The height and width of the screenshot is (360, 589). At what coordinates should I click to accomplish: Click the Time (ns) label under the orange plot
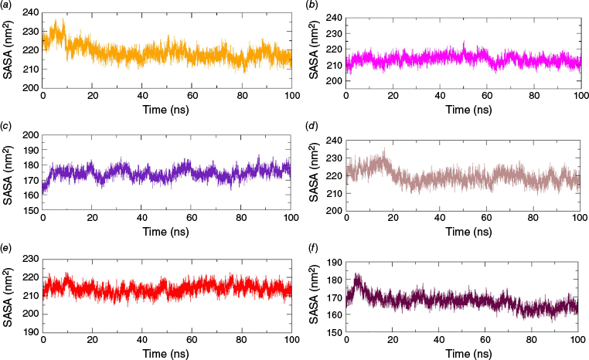click(x=167, y=110)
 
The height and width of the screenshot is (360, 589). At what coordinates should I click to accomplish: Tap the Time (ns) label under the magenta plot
click(x=462, y=110)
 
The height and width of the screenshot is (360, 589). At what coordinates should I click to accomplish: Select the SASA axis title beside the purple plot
click(x=9, y=172)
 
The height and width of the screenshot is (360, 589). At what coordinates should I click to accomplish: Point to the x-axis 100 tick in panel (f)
click(x=577, y=341)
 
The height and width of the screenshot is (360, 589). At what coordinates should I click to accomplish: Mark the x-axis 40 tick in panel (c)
click(x=142, y=220)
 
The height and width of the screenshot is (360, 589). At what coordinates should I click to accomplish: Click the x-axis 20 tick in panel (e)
click(x=93, y=341)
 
